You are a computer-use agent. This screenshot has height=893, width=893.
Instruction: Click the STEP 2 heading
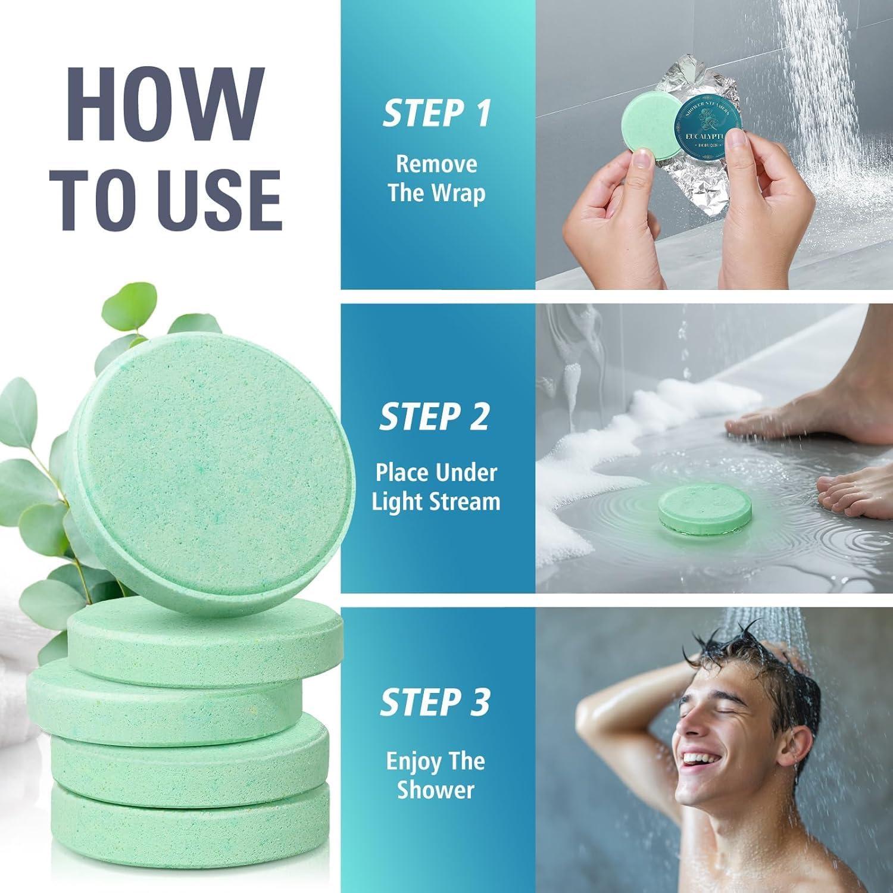click(x=435, y=416)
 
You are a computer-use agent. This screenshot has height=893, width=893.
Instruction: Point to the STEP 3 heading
click(x=435, y=702)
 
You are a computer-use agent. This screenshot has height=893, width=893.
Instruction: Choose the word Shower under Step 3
click(x=436, y=790)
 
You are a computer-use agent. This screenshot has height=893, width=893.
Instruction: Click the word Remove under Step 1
click(x=436, y=164)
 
